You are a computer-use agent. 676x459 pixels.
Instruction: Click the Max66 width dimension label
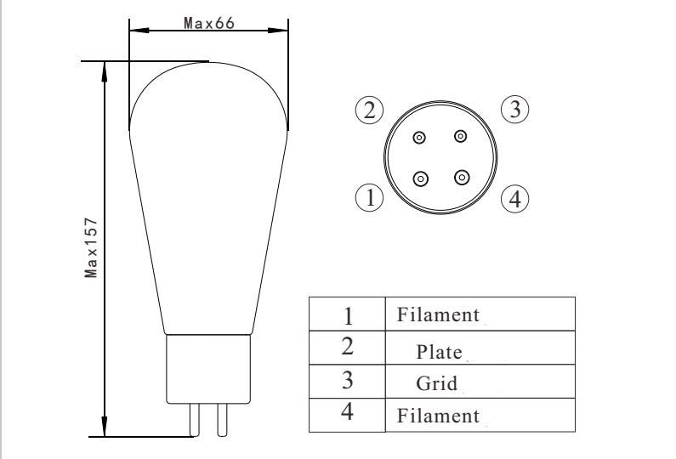coord(209,23)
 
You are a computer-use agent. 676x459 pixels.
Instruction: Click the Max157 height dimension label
coord(91,248)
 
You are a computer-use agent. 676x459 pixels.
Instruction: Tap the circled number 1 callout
coord(370,198)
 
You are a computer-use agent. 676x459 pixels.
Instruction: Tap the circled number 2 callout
coord(370,110)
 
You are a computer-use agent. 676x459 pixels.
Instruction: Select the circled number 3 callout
coord(515,109)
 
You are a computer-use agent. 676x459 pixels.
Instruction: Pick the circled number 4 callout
coord(515,199)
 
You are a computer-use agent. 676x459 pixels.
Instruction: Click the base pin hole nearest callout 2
coord(419,138)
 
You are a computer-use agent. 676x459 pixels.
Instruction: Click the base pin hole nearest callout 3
coord(460,136)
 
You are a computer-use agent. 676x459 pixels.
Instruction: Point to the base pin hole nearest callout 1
coord(420,178)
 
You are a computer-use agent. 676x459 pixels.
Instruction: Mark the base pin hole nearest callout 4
coord(462,177)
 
